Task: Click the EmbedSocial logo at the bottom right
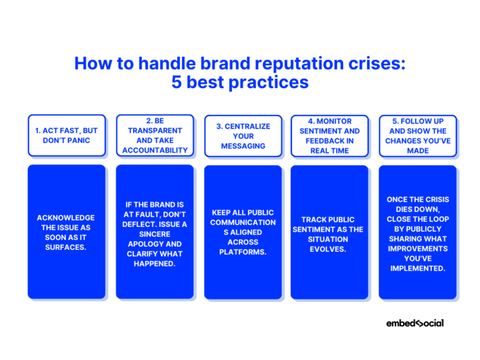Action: [415, 323]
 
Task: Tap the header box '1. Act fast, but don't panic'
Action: [66, 136]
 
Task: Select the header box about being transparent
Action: [154, 136]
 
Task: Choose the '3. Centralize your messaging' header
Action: [243, 136]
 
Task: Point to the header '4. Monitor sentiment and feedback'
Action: [329, 136]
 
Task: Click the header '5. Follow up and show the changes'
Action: [417, 136]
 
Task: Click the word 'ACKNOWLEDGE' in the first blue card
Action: [66, 217]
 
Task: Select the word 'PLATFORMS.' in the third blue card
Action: [243, 252]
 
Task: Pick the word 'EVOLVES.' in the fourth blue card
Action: [329, 249]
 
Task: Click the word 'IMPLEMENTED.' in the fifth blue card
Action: [417, 267]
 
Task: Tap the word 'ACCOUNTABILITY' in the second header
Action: [154, 151]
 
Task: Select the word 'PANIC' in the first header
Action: [81, 141]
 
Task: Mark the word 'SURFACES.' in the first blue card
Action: [66, 247]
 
